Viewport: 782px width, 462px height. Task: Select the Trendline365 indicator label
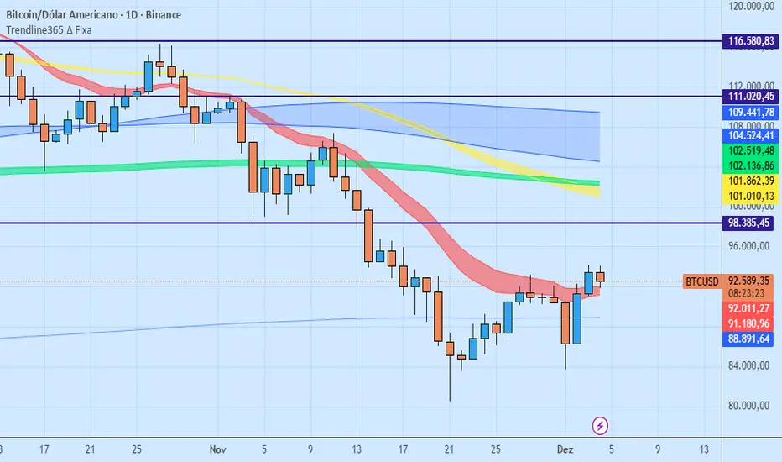pyautogui.click(x=49, y=30)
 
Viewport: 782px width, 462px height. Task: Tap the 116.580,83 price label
pyautogui.click(x=750, y=40)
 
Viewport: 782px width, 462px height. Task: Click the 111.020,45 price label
pyautogui.click(x=750, y=97)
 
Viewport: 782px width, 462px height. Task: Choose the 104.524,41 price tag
pyautogui.click(x=750, y=134)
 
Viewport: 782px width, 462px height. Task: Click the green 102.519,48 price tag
pyautogui.click(x=750, y=150)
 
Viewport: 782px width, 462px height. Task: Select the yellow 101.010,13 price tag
pyautogui.click(x=750, y=197)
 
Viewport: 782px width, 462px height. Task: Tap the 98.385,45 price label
pyautogui.click(x=750, y=223)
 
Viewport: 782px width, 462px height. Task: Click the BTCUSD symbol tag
pyautogui.click(x=701, y=281)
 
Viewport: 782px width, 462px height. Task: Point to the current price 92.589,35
pyautogui.click(x=750, y=281)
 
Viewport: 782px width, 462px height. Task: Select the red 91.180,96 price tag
pyautogui.click(x=750, y=323)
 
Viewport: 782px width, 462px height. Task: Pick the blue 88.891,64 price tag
pyautogui.click(x=750, y=339)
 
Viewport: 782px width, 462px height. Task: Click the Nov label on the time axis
pyautogui.click(x=218, y=449)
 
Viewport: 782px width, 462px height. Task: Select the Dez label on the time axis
pyautogui.click(x=567, y=449)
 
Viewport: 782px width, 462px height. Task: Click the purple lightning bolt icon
pyautogui.click(x=601, y=425)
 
